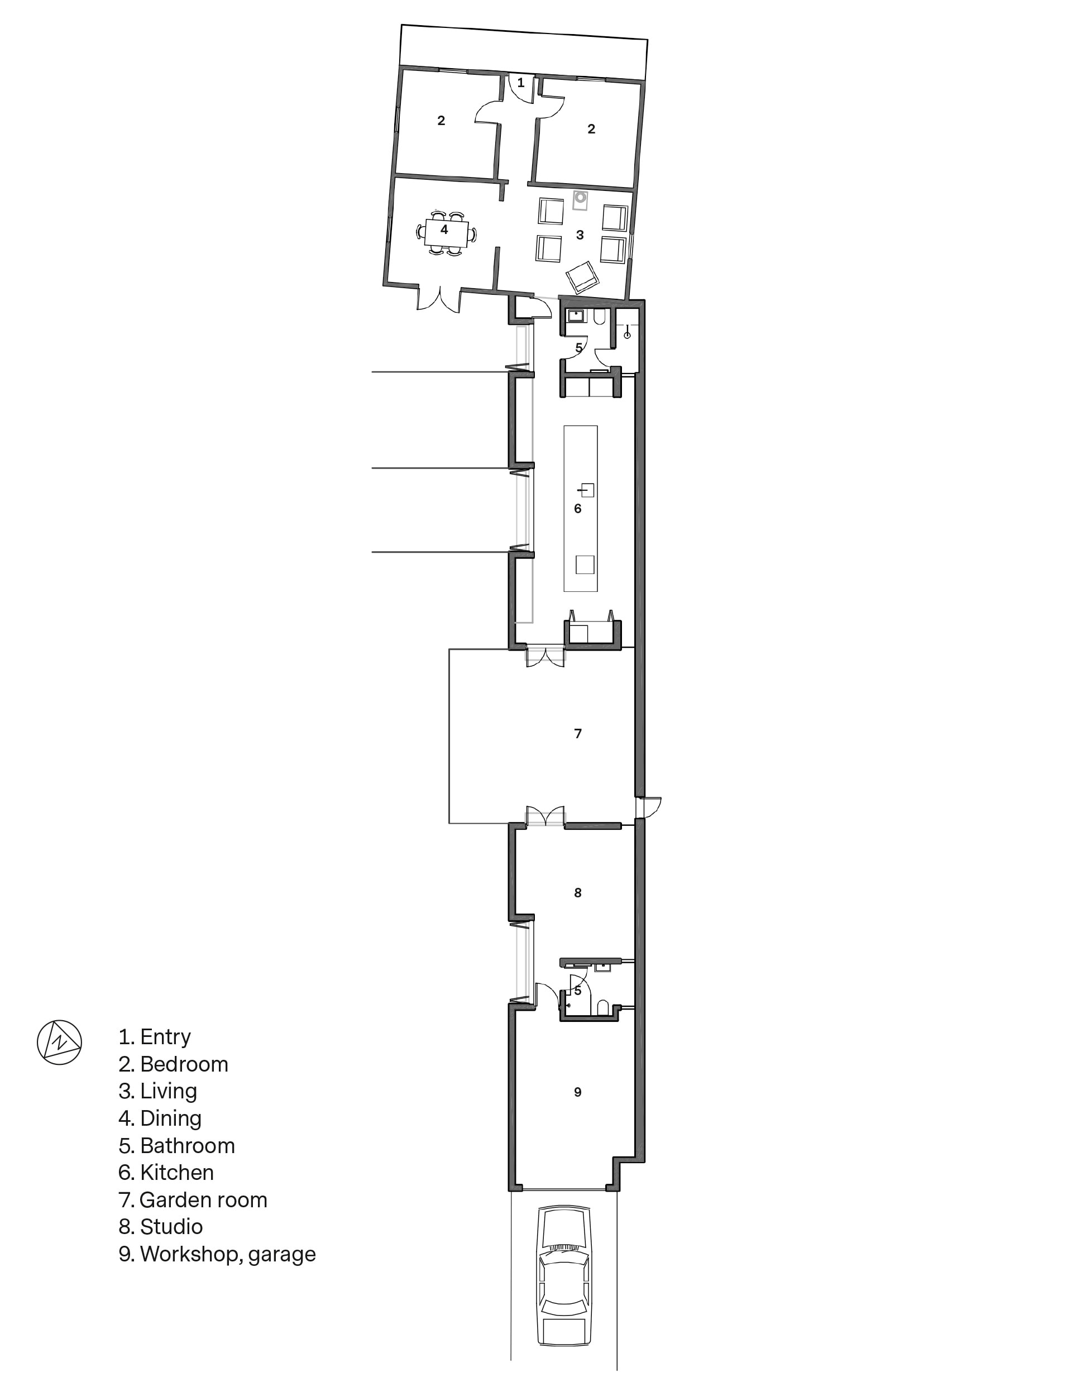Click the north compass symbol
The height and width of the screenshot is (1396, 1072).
pos(59,1042)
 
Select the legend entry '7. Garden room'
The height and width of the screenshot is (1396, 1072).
pos(193,1199)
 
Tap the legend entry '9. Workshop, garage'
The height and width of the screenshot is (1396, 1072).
pos(217,1254)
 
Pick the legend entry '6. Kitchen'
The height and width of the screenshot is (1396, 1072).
pos(166,1172)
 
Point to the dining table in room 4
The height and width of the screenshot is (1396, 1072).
pos(447,233)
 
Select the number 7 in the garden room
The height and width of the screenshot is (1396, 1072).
pos(578,734)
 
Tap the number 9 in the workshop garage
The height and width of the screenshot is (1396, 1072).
pos(577,1092)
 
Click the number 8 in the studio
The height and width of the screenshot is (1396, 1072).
pos(577,892)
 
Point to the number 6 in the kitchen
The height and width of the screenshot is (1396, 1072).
pos(577,509)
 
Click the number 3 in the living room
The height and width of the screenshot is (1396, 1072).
pos(580,235)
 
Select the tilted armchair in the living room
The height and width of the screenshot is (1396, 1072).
pos(582,278)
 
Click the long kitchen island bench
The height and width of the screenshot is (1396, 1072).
pos(581,509)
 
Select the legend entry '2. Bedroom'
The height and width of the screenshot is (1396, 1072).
pos(173,1064)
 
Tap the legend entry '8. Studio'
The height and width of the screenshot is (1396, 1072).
pos(160,1226)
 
